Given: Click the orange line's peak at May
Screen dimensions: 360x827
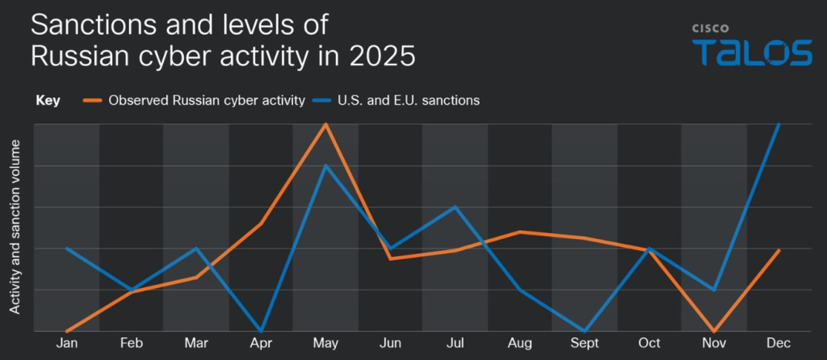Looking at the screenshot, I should [325, 124].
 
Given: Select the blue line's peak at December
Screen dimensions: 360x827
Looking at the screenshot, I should [779, 124].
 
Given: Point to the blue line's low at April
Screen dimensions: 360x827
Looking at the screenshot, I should [261, 331].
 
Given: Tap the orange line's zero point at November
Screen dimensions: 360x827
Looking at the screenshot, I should [714, 331].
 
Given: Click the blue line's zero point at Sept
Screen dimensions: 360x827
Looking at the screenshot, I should [585, 331].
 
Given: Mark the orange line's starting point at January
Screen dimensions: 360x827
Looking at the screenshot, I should [67, 331].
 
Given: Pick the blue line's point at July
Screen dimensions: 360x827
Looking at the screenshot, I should [455, 207].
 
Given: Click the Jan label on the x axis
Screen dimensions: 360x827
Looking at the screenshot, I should [67, 344].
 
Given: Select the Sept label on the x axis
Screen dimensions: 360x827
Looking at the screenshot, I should [585, 344].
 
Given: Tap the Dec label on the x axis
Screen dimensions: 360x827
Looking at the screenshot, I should [779, 344].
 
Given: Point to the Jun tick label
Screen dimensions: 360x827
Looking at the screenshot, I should [390, 344].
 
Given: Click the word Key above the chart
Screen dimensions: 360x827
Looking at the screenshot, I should [48, 101].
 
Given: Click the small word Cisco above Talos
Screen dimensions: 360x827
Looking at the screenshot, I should [710, 27].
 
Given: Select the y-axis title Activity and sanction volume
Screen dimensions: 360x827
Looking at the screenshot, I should [15, 227].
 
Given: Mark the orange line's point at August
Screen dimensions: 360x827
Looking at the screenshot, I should [520, 232].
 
